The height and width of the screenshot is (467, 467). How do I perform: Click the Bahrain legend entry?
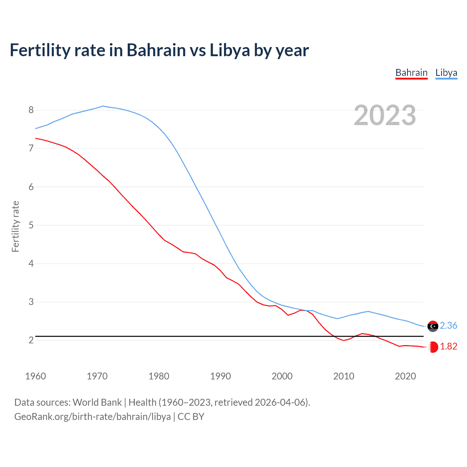pos(411,73)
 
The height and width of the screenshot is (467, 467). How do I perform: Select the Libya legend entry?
pos(446,73)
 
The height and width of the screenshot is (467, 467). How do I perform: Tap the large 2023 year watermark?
pos(385,115)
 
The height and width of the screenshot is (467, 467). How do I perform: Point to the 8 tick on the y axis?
pos(31,110)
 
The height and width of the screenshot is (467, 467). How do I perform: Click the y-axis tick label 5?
pos(31,225)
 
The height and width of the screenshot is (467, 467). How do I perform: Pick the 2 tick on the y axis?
pos(31,340)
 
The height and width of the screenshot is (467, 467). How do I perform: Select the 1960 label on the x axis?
pos(35,376)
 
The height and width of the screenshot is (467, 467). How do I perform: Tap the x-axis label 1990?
pos(220,376)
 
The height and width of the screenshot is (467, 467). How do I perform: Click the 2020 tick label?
pos(405,376)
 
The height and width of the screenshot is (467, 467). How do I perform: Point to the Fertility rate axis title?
pos(15,226)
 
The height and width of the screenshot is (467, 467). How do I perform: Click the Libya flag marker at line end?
pos(433,326)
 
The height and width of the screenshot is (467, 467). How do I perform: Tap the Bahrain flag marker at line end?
pos(433,347)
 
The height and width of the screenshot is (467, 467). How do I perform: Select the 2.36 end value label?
pos(448,325)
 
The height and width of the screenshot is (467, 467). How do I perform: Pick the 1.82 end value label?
pos(448,346)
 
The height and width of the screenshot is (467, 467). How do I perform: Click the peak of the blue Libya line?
pos(103,106)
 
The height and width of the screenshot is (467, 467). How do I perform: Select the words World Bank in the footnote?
pos(97,402)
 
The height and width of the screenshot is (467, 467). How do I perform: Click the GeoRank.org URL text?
pos(92,417)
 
